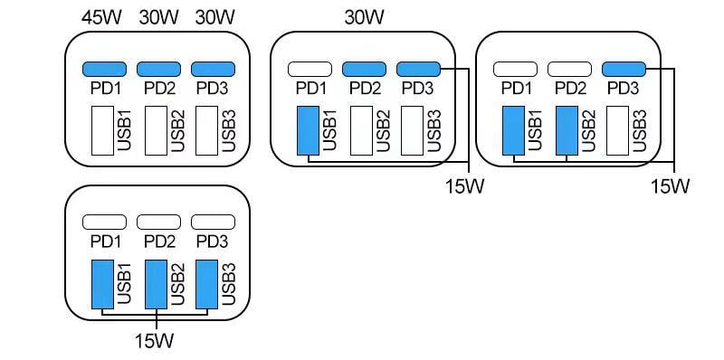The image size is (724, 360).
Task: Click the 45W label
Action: pos(102,16)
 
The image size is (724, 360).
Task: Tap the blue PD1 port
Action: pos(104,69)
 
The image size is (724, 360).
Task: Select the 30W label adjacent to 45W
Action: pos(158,16)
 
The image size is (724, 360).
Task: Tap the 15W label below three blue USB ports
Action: pos(157,341)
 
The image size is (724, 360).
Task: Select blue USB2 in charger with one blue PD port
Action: pos(567,131)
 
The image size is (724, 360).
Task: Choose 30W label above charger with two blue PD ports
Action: pos(365,16)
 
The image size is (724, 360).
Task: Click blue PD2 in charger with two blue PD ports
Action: pos(364,69)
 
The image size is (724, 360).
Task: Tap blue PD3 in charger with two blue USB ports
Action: pos(623,69)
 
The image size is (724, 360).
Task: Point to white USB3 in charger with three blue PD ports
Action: pos(208,131)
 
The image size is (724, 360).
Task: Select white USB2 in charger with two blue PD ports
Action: pos(361,131)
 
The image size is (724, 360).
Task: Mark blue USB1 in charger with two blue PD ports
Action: pos(309,131)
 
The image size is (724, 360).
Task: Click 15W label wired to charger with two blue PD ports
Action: pos(465,186)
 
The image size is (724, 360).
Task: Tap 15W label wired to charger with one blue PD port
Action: pos(671,186)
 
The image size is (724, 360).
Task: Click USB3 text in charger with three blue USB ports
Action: pos(229,283)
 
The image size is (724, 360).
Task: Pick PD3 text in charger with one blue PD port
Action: pos(623,89)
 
